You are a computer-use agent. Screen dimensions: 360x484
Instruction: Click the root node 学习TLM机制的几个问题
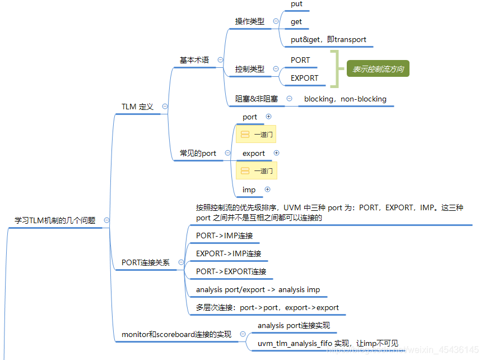tap(55, 220)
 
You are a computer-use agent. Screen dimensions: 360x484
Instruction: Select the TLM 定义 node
tap(137, 106)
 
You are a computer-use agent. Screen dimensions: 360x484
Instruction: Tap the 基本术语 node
tap(194, 60)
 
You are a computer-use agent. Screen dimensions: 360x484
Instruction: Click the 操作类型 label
tap(250, 21)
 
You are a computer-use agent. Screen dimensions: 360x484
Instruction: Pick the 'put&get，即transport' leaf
tap(328, 39)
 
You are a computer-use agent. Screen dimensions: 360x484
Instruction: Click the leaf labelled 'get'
tap(296, 21)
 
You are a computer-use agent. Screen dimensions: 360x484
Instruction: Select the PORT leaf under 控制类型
tap(300, 60)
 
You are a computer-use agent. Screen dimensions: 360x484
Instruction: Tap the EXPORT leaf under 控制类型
tap(304, 78)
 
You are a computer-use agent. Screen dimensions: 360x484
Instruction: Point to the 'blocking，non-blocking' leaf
tap(345, 99)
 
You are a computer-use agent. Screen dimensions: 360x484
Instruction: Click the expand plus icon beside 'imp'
tap(267, 190)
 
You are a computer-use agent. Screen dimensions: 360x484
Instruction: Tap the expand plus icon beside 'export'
tap(276, 153)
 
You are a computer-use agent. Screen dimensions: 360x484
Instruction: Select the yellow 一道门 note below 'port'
tap(256, 135)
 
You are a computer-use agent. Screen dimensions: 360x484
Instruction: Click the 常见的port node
tap(198, 153)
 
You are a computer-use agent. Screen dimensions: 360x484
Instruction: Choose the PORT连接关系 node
tap(145, 262)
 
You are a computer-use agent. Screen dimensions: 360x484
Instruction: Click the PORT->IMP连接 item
tap(224, 236)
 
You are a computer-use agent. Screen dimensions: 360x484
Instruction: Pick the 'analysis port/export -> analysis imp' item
tap(258, 290)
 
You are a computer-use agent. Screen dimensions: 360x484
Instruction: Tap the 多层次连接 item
tap(267, 308)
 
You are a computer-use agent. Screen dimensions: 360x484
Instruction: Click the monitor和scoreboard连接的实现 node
tap(176, 335)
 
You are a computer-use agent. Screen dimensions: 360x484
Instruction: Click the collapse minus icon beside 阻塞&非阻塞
tap(289, 98)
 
